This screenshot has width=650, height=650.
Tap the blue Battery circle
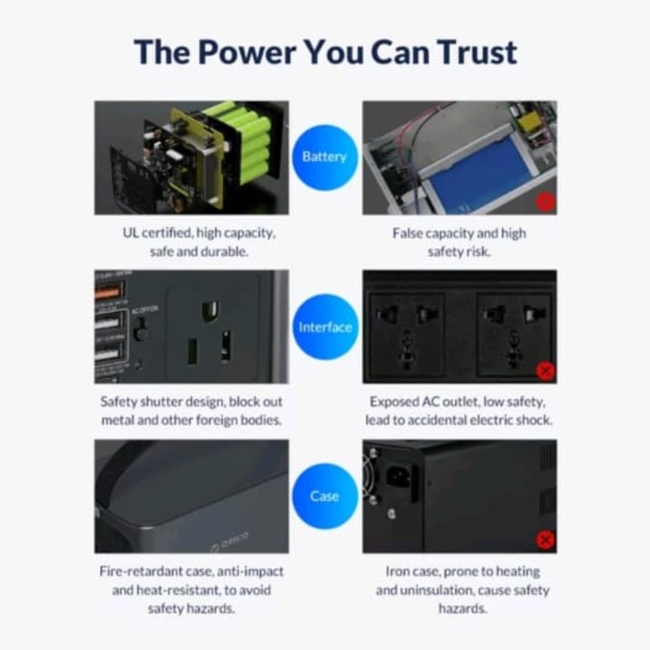tap(324, 157)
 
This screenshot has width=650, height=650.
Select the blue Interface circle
tap(324, 327)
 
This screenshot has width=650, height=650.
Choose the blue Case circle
tap(324, 496)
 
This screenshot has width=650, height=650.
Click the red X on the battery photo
tap(546, 201)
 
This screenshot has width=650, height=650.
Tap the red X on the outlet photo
tap(546, 370)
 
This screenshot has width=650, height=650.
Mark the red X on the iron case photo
tap(546, 539)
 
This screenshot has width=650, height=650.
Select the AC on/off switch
tap(140, 331)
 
